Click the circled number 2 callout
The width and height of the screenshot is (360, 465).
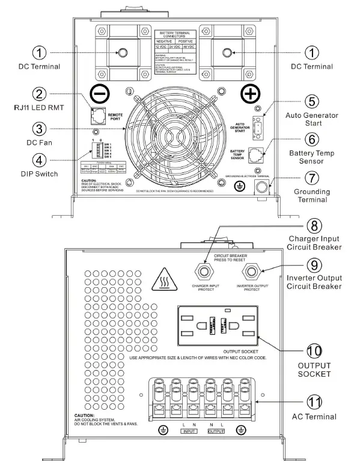click(39, 94)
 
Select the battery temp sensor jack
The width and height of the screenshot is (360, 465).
click(258, 154)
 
